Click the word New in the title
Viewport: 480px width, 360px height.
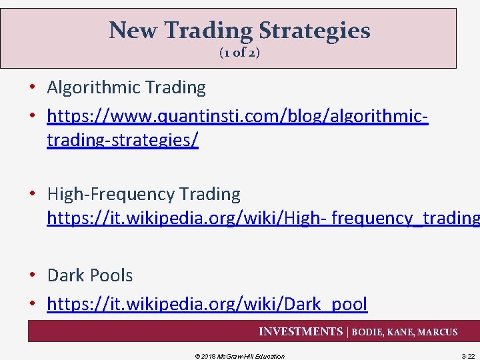coord(132,31)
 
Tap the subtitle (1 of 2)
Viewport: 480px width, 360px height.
coord(239,53)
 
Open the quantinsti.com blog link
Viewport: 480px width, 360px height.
coord(237,117)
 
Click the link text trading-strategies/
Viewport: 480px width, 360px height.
coord(123,141)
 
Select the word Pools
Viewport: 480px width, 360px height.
coord(112,275)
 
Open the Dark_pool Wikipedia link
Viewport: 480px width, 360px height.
coord(207,304)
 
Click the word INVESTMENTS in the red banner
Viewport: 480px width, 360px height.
coord(301,332)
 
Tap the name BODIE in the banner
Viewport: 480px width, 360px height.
coord(368,332)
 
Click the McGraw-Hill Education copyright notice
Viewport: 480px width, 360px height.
coord(239,356)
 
